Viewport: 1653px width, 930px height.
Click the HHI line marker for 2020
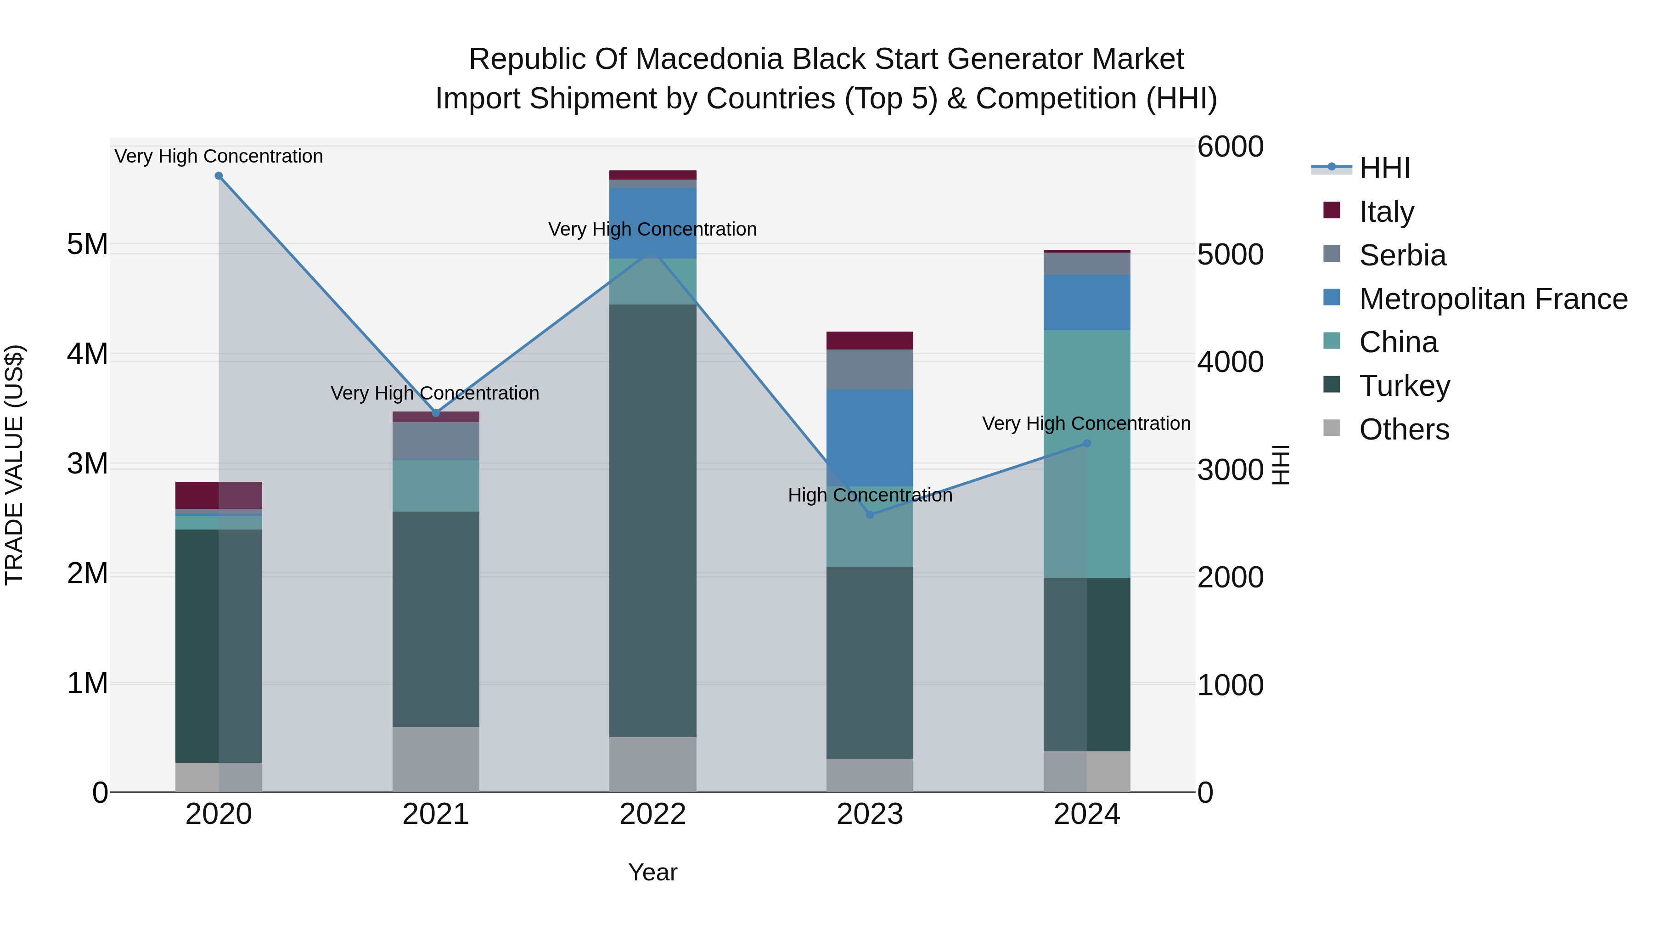pos(219,176)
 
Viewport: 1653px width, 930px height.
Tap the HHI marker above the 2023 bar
pos(870,515)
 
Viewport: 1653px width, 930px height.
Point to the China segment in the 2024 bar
pos(1087,454)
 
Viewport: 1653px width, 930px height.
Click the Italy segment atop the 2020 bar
pos(219,495)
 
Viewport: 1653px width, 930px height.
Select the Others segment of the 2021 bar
pos(436,759)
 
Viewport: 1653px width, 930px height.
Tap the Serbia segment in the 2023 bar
pos(870,370)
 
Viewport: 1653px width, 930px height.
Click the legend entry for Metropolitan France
pos(1493,299)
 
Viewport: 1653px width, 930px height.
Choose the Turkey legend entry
pos(1404,386)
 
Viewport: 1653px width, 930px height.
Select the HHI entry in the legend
pos(1384,168)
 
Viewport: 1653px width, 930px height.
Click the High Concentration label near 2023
pos(870,496)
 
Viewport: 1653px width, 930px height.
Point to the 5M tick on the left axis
pos(87,244)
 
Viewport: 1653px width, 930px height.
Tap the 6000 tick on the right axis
pos(1230,147)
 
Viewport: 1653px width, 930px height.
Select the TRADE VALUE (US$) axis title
pos(15,465)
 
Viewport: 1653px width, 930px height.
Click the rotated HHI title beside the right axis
pos(1281,465)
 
